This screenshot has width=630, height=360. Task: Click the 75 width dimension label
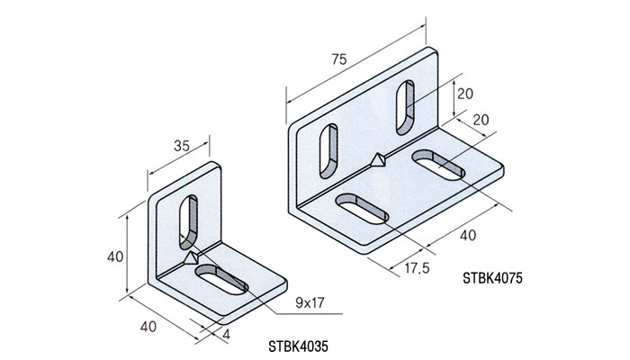tap(338, 60)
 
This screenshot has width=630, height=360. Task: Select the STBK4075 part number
tap(491, 280)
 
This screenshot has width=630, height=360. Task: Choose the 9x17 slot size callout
tap(310, 304)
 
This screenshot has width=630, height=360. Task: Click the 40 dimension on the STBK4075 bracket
tap(466, 236)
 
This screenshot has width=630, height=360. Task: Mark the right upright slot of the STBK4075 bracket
tap(405, 104)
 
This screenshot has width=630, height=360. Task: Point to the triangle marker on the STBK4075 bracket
tap(378, 161)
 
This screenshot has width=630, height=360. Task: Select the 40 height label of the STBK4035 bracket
tap(114, 256)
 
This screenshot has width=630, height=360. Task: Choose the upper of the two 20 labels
tap(464, 94)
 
